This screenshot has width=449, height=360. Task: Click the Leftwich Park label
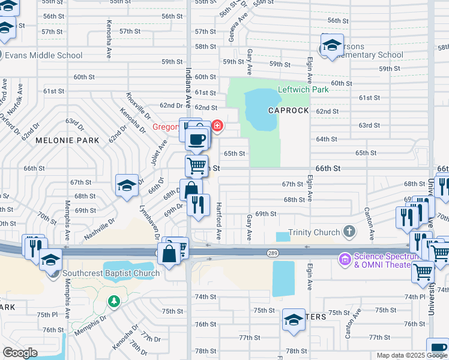(x=303, y=89)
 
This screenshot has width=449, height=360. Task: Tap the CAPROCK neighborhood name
(x=288, y=111)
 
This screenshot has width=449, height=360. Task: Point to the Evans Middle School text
(x=44, y=55)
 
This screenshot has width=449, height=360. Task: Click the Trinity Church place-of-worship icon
(x=349, y=232)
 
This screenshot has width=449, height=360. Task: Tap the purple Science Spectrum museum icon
(x=345, y=259)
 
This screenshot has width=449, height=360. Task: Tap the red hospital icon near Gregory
(x=217, y=126)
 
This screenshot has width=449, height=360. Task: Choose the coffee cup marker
(x=196, y=140)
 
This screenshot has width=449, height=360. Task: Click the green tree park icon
(x=113, y=301)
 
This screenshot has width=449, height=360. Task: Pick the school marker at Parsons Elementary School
(x=331, y=45)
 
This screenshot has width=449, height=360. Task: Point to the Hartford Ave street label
(x=219, y=225)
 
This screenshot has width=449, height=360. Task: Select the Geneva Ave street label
(x=234, y=29)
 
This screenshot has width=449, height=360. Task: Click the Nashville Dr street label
(x=100, y=230)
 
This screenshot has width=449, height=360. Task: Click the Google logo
(x=20, y=353)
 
